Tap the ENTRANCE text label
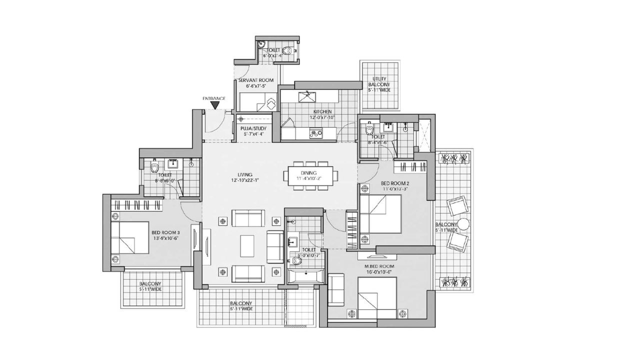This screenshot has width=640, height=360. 214,98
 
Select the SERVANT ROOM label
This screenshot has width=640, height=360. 259,83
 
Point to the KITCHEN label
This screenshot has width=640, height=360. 322,114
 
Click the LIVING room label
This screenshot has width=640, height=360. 245,177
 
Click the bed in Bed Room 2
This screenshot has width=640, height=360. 380,214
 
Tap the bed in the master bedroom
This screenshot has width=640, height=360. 377,295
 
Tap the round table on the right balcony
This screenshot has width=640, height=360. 464,224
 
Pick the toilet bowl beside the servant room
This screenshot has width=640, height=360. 287,50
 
